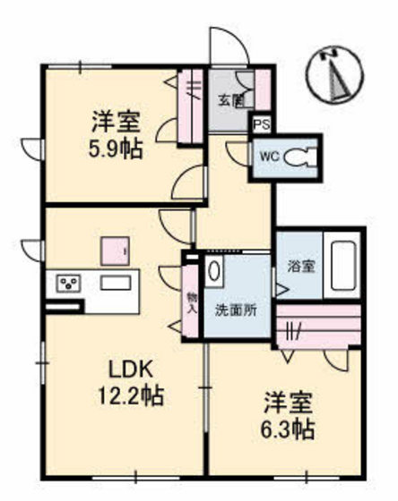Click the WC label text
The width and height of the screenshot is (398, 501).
point(269,157)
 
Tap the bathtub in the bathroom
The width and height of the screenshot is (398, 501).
point(342,266)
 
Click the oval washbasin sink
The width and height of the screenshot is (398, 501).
point(213,271)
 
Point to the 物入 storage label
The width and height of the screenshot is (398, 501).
point(191,302)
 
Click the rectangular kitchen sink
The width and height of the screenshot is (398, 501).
point(116,283)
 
